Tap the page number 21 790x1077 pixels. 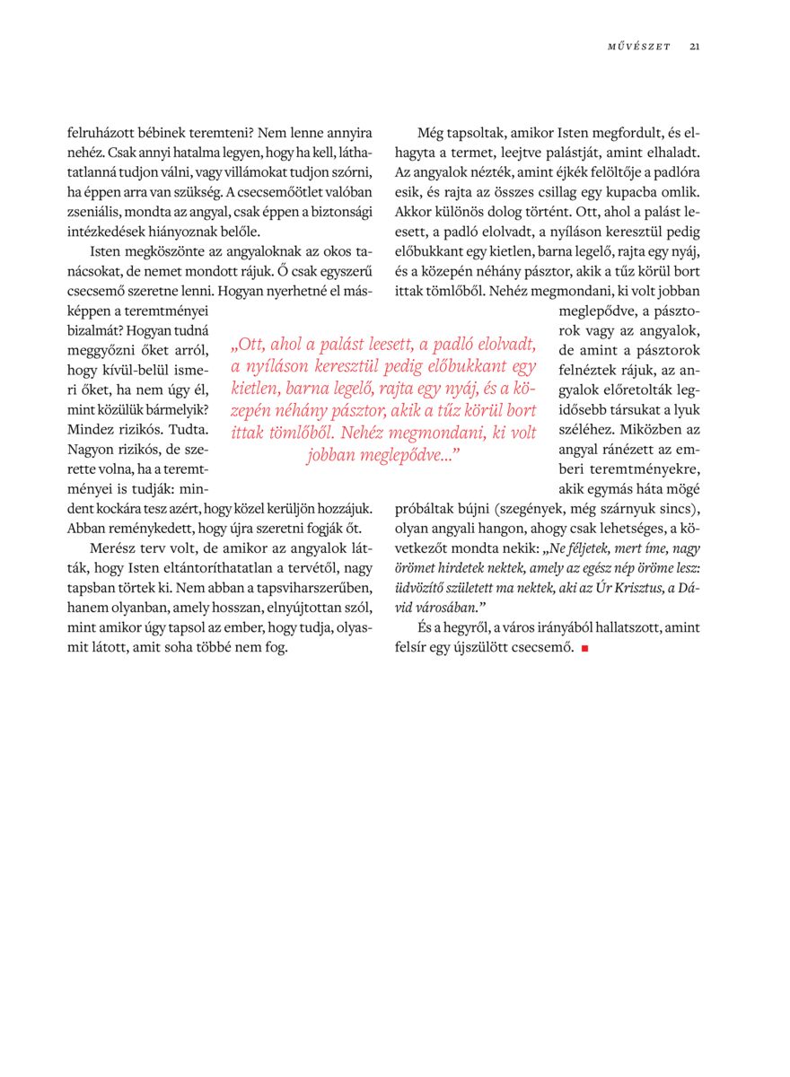tap(695, 47)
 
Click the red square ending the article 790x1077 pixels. tap(584, 648)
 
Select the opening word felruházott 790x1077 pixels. tap(97, 132)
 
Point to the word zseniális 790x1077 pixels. tap(95, 211)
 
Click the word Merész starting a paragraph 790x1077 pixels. tap(113, 547)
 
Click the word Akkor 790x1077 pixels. tap(412, 211)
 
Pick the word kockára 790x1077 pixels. tap(124, 507)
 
